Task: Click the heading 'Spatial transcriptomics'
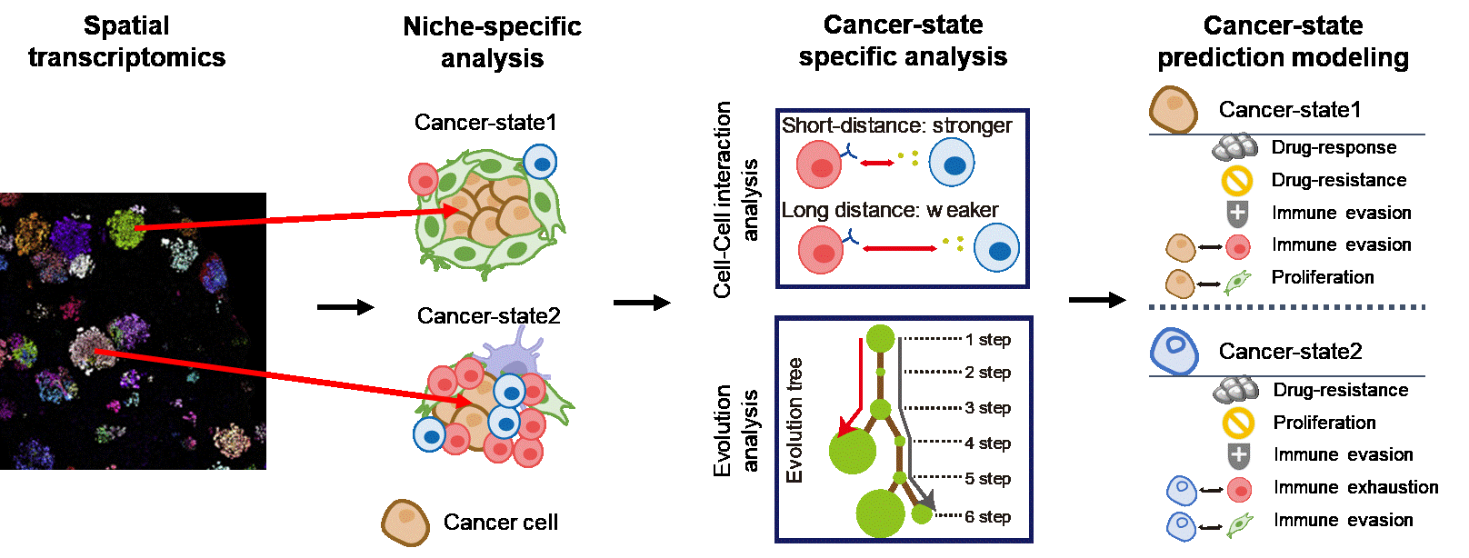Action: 126,41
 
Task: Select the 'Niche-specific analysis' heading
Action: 492,42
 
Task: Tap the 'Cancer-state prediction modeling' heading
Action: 1283,41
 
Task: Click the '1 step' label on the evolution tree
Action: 987,340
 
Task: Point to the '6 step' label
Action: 987,517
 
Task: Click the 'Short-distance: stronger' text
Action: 896,125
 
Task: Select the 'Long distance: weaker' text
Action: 890,210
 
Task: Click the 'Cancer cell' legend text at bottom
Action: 500,522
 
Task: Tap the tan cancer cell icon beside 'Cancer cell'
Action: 405,523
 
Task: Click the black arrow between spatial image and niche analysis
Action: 345,307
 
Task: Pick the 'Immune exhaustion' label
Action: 1355,487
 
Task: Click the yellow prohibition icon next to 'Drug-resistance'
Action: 1237,181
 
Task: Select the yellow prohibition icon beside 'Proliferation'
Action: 1238,423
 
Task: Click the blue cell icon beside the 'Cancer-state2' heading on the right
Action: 1174,352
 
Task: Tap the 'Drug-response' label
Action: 1334,147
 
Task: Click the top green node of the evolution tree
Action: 880,338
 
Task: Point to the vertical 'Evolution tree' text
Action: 794,420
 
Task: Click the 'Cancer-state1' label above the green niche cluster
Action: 485,123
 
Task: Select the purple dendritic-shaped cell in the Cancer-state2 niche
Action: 515,357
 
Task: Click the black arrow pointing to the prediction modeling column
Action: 1097,300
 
